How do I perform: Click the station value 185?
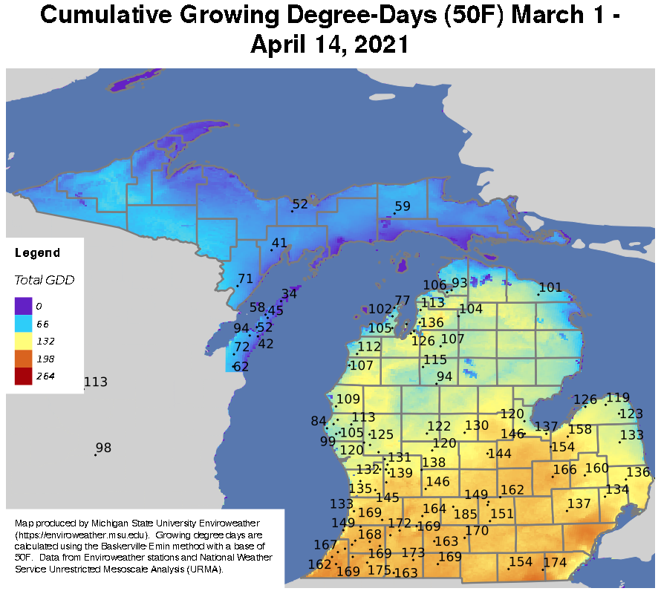click(x=466, y=514)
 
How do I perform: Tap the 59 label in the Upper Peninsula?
click(x=403, y=206)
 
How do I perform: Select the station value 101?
click(x=550, y=287)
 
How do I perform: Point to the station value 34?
click(x=289, y=294)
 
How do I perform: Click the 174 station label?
click(x=555, y=562)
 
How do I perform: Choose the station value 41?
click(x=279, y=243)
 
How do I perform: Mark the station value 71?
click(x=245, y=278)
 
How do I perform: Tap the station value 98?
click(x=103, y=448)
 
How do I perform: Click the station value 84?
click(x=319, y=421)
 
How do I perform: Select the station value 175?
click(x=379, y=569)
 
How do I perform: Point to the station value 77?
click(x=402, y=300)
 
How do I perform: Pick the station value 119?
click(x=618, y=397)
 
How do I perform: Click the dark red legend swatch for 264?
click(x=23, y=376)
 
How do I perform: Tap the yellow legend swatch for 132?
click(x=23, y=341)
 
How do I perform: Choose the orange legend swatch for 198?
click(x=23, y=359)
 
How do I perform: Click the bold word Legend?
click(x=37, y=253)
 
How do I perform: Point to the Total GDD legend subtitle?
click(x=45, y=280)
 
